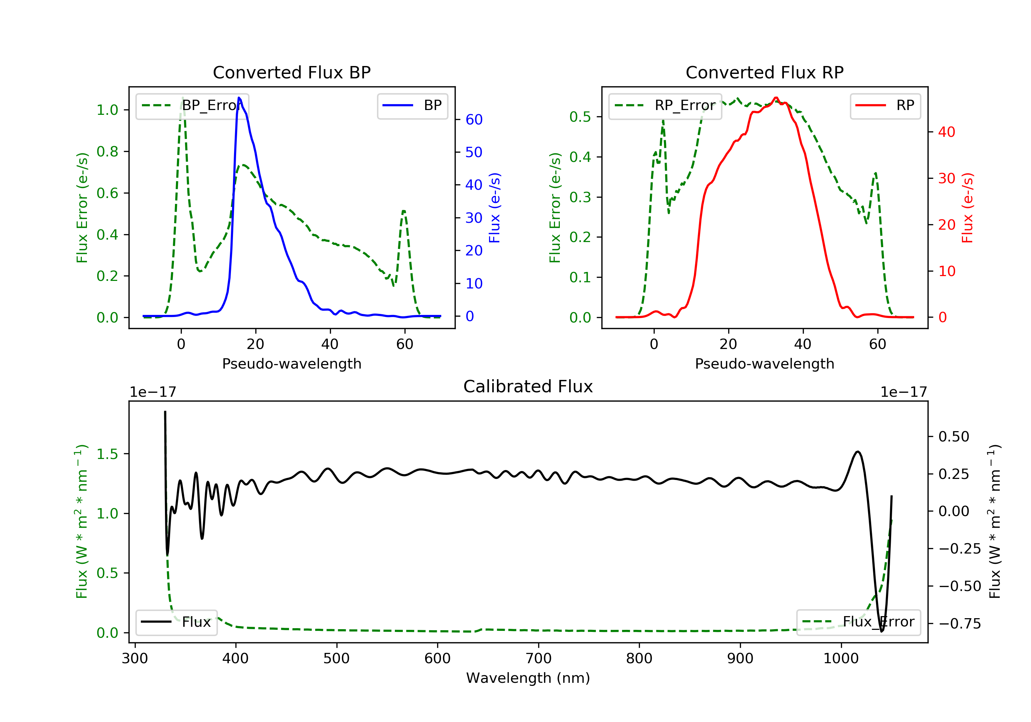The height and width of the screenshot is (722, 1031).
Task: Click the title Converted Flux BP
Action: tap(291, 72)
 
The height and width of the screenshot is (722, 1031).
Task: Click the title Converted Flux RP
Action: tap(764, 72)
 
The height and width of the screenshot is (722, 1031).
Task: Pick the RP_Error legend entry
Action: tap(665, 106)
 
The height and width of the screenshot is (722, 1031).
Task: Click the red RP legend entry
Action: tap(885, 106)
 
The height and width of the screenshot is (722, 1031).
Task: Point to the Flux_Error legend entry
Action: tap(858, 622)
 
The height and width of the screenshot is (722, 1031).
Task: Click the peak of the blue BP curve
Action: tap(239, 98)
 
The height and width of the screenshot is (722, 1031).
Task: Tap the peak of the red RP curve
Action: tap(776, 98)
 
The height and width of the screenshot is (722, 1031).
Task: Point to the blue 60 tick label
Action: tap(474, 120)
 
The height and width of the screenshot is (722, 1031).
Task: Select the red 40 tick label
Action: tap(946, 132)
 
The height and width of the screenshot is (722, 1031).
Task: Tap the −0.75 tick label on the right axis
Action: tap(960, 624)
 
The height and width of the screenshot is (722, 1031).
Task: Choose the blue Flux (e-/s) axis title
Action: tap(495, 208)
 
